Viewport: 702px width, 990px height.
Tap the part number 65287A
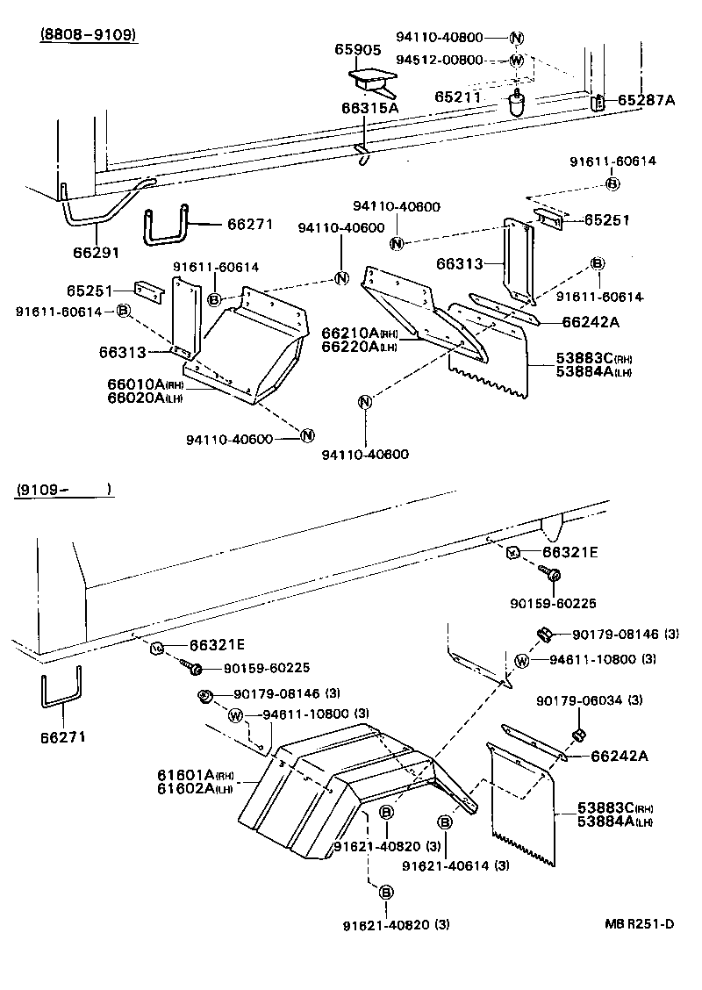pos(646,100)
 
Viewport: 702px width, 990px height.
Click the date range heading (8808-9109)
pos(89,35)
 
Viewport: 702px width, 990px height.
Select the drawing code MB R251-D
pos(638,923)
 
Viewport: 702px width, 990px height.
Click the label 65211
pos(458,97)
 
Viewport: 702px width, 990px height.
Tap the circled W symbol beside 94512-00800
pos(516,61)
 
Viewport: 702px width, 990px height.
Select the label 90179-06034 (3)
pos(589,699)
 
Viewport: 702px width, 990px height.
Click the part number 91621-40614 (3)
pos(455,866)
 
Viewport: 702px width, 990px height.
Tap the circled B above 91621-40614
pos(444,821)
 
